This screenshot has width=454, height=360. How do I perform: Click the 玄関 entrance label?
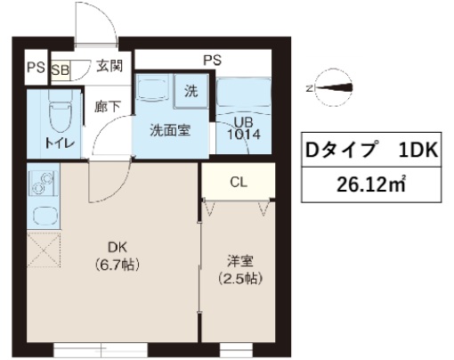[x=110, y=66]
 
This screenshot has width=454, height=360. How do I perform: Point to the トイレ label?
[x=49, y=143]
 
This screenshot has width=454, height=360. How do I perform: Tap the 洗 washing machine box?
[x=191, y=88]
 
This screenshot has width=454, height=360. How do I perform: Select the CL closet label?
[x=238, y=184]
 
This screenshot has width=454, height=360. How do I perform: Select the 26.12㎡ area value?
[x=372, y=187]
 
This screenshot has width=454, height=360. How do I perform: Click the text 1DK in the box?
[x=416, y=151]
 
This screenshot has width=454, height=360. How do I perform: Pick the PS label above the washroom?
[x=212, y=60]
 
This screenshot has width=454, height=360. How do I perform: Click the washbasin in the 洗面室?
[x=153, y=90]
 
